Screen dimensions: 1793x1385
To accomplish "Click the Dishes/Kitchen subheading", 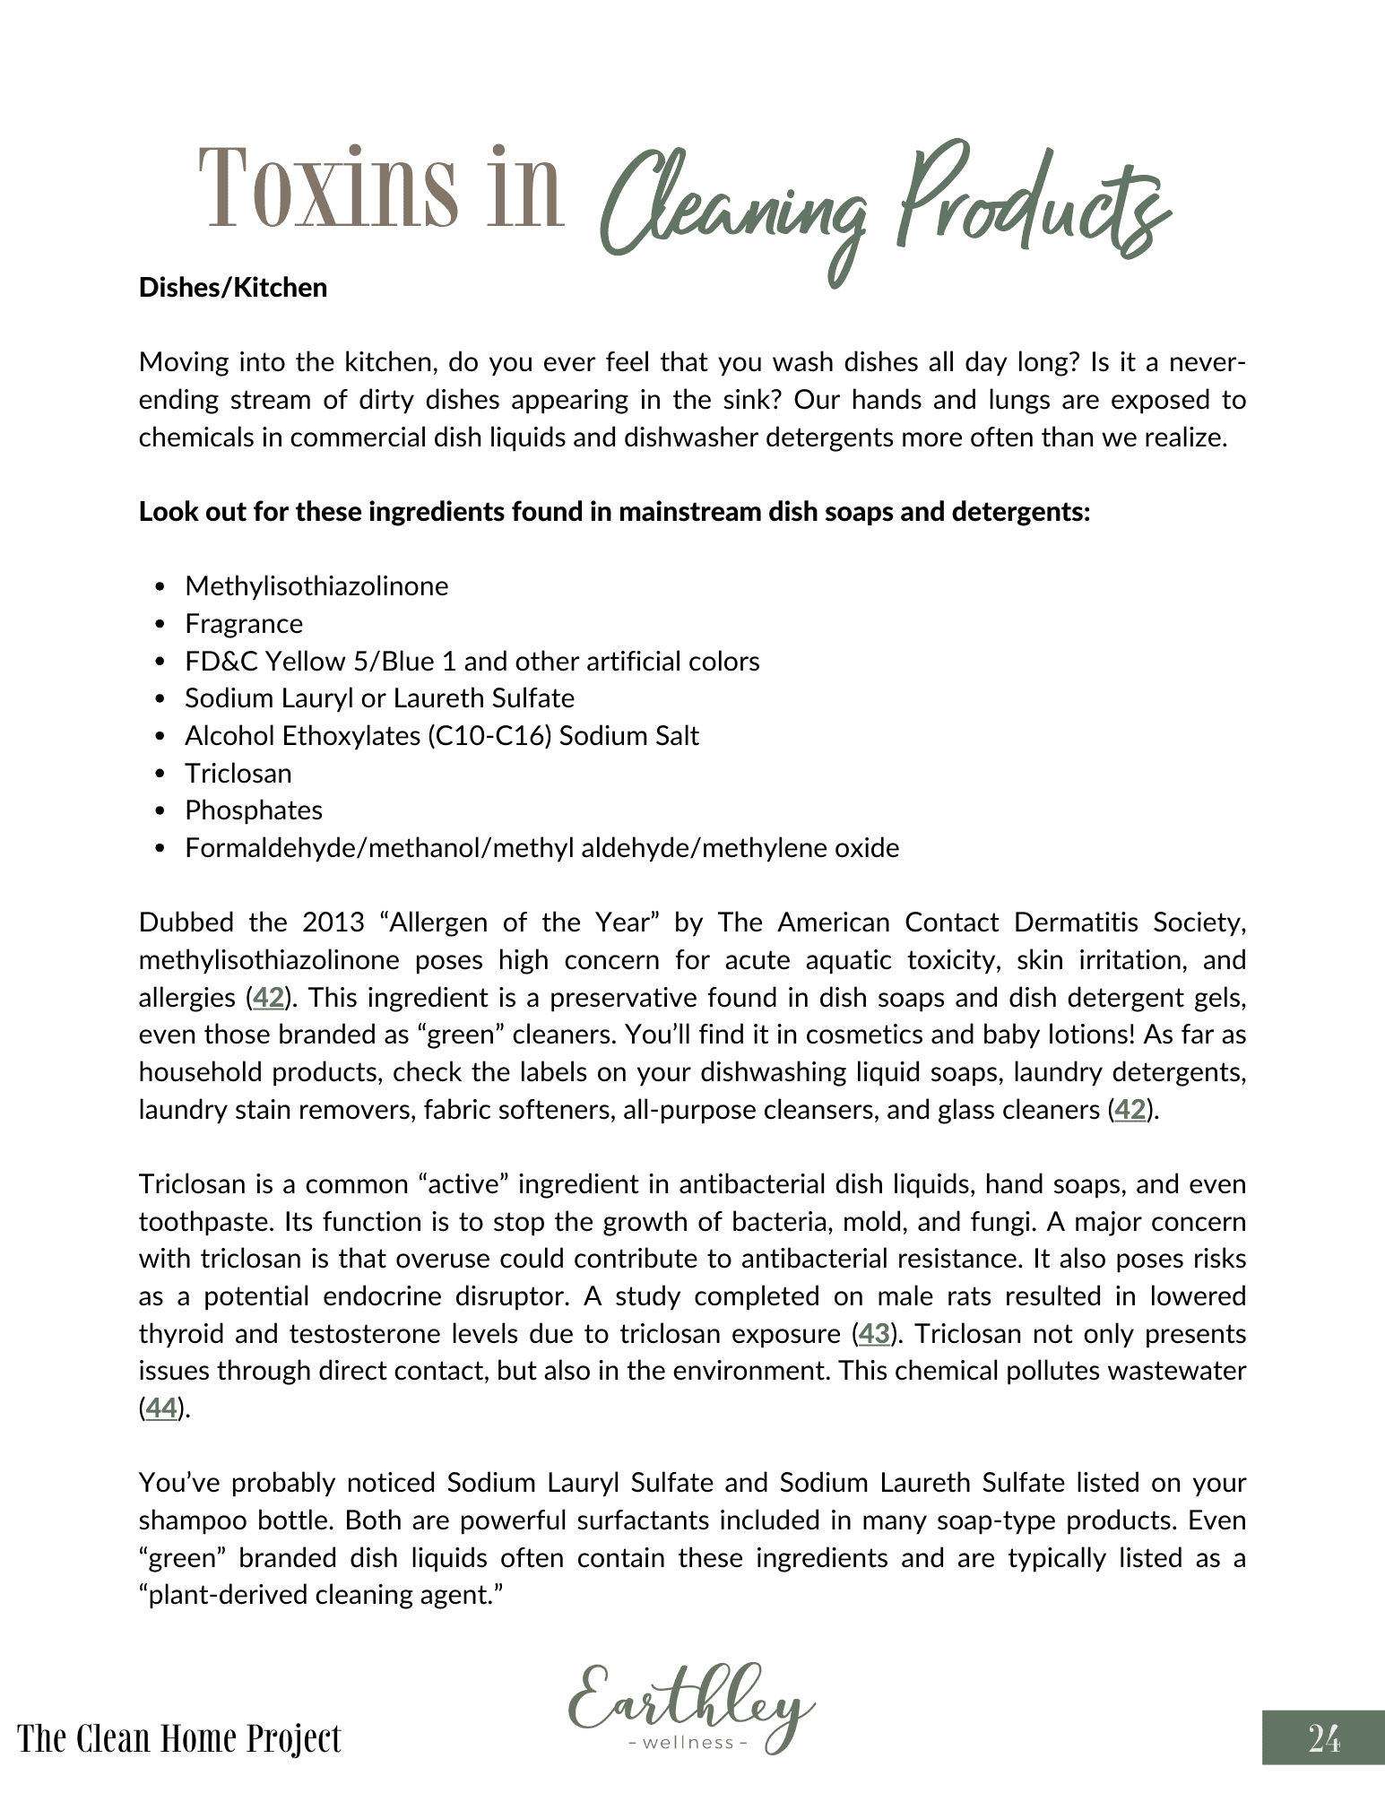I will coord(233,288).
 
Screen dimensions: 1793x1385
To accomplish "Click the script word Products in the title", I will coord(1031,202).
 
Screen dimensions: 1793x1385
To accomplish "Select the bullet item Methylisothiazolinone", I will coord(316,586).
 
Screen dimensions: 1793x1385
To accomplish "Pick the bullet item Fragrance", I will coord(244,624).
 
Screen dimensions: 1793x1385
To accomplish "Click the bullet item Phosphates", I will coord(254,810).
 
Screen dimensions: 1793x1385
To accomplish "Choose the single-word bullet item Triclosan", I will coord(238,774).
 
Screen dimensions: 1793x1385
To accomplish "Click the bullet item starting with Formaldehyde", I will coord(541,848).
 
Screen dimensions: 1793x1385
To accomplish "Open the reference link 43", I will coord(874,1334).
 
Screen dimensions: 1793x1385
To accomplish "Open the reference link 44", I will coord(160,1408).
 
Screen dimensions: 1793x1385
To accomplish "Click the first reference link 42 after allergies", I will coord(268,998).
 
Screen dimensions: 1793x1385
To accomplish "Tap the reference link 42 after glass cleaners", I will coord(1130,1110).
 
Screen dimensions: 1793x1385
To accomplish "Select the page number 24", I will coord(1324,1738).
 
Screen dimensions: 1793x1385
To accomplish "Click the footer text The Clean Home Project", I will coord(179,1738).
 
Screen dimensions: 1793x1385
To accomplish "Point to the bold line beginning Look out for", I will coord(614,512).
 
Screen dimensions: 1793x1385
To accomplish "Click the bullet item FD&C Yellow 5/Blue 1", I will coord(472,662).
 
